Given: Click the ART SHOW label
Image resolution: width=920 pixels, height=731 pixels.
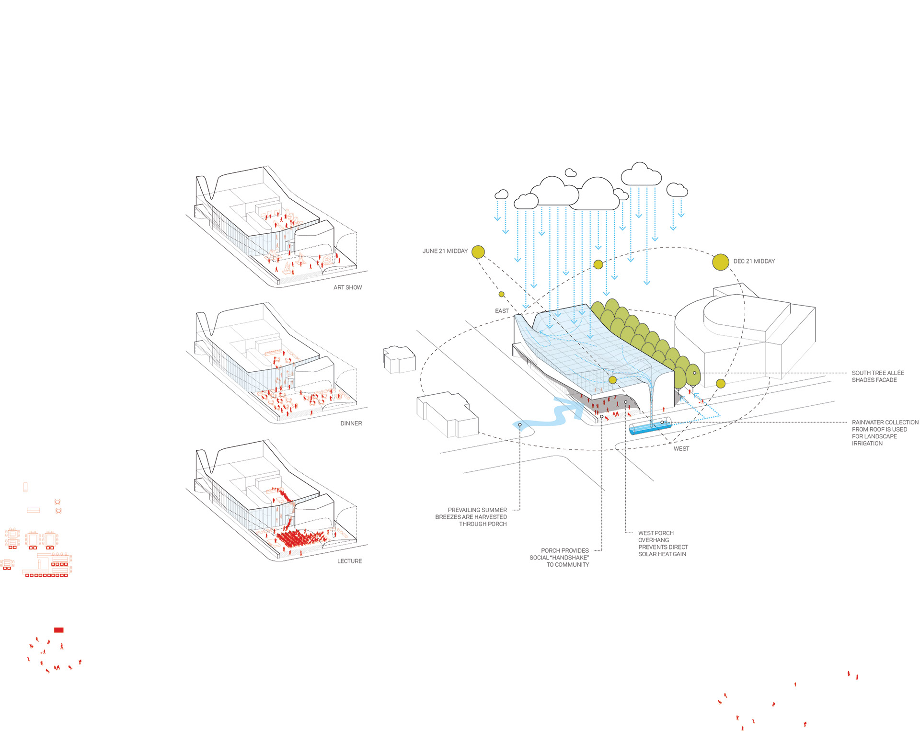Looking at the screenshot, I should click(x=347, y=287).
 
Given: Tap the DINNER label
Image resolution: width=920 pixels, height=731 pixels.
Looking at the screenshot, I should click(x=351, y=423).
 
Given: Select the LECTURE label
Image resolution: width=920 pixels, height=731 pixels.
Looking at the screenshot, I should click(x=349, y=561).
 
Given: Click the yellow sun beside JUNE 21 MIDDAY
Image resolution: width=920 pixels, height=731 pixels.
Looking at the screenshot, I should click(x=478, y=251).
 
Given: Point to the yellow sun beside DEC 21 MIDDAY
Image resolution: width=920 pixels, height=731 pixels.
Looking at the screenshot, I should click(x=720, y=262).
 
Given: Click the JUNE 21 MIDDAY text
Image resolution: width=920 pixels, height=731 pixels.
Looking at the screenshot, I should click(x=445, y=251).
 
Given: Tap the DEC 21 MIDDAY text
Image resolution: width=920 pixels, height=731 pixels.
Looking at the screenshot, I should click(x=754, y=261).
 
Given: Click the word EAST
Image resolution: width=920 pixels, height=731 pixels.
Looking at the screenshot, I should click(x=502, y=311).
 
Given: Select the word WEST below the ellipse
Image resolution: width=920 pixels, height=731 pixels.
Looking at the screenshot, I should click(x=681, y=449).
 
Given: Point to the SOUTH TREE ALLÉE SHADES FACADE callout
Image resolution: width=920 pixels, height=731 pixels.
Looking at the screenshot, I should click(x=877, y=377).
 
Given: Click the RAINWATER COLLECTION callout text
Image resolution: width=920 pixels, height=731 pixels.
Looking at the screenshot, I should click(x=885, y=433).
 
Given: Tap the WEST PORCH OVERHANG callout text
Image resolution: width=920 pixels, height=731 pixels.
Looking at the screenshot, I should click(x=663, y=543).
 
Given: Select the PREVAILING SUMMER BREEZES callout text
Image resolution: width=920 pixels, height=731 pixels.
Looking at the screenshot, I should click(x=471, y=517).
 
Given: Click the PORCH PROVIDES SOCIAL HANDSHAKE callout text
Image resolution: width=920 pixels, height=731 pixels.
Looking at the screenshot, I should click(x=560, y=558).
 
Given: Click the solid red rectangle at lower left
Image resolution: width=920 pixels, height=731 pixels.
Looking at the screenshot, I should click(x=58, y=630).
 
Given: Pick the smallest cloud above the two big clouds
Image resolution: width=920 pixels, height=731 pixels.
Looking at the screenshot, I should click(x=570, y=172).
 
